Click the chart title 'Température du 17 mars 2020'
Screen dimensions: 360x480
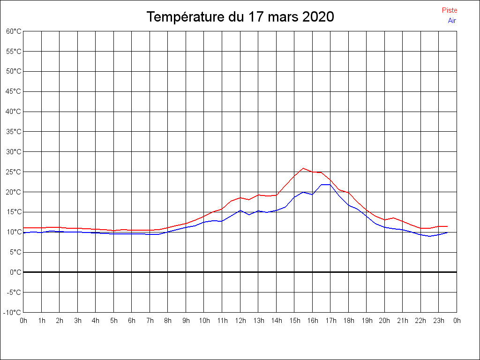(x=240, y=17)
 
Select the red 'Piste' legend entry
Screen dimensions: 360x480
(x=450, y=10)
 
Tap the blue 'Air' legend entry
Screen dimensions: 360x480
(x=452, y=21)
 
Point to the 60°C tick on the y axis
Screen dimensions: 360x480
(x=14, y=31)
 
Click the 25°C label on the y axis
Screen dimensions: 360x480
(x=14, y=172)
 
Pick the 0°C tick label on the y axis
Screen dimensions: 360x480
(x=15, y=272)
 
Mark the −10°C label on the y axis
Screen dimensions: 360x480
(x=13, y=313)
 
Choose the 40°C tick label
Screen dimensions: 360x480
(x=14, y=112)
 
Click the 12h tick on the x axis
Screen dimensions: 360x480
(x=240, y=321)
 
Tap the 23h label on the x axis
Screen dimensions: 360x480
(x=439, y=321)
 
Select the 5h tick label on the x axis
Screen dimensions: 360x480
(x=113, y=321)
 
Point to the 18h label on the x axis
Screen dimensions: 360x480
(x=348, y=321)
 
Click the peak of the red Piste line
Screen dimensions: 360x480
(x=303, y=168)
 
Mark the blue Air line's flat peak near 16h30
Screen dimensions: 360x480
(x=326, y=185)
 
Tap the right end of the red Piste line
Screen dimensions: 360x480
(x=447, y=226)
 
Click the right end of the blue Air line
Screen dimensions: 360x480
(x=447, y=232)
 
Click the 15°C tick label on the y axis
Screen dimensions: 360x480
(x=14, y=212)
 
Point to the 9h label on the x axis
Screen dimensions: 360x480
(x=186, y=321)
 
